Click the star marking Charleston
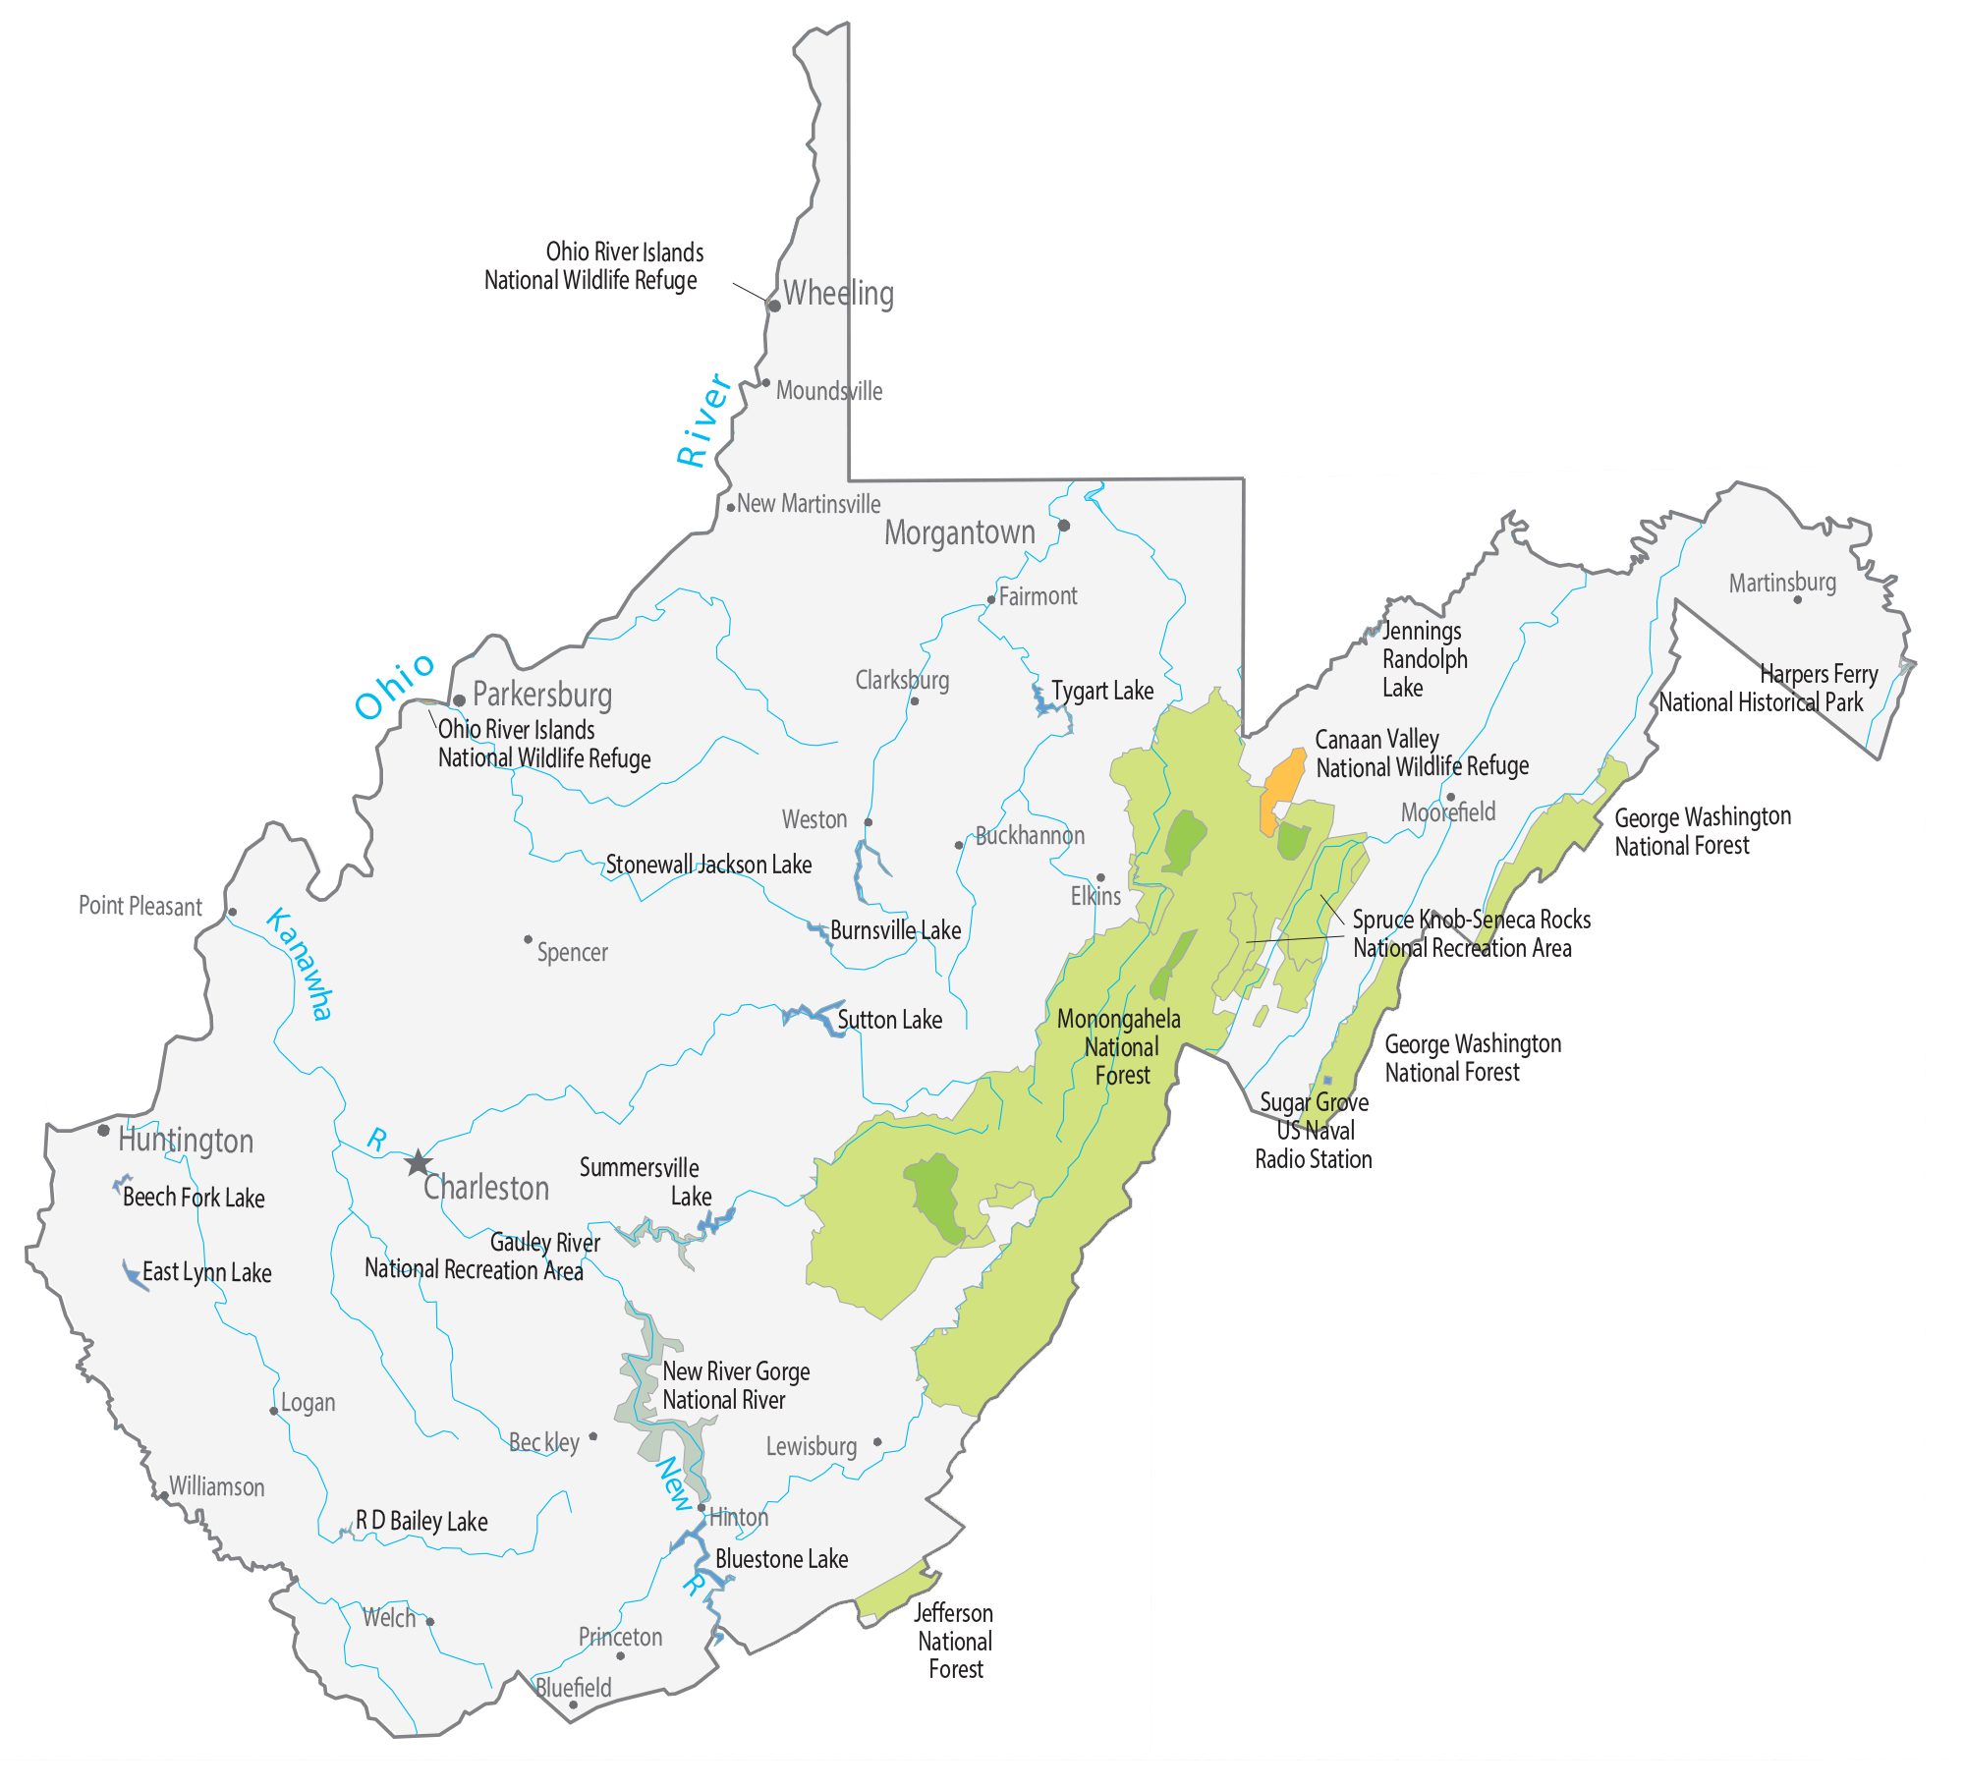(419, 1163)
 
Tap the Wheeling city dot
(774, 306)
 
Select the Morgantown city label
(959, 532)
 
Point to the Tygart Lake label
(1102, 691)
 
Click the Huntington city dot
(104, 1131)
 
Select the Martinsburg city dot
(1798, 599)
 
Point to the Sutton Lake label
(889, 1020)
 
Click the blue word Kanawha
(301, 964)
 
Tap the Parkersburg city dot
(459, 700)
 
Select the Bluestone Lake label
(781, 1559)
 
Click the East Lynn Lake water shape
(132, 1274)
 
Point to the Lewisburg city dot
(877, 1442)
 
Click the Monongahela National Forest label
(1120, 1047)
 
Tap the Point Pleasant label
(140, 906)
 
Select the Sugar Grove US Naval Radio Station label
(1314, 1131)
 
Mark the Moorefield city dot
(1450, 797)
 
